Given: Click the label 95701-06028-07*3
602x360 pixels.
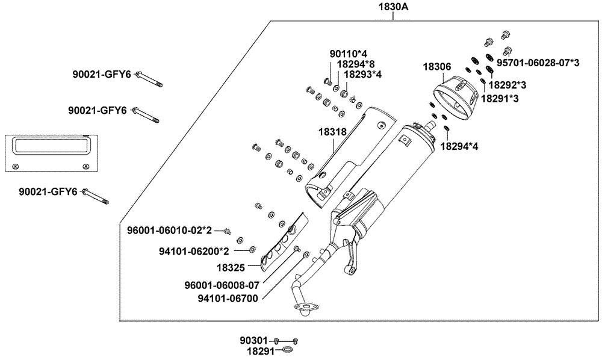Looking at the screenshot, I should tap(538, 63).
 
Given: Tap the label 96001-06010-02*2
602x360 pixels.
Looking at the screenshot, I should tap(170, 230).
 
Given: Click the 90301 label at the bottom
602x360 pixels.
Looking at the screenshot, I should tap(256, 341).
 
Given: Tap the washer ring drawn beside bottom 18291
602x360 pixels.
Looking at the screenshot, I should tap(289, 350).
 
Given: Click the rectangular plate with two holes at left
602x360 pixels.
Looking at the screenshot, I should tap(51, 152).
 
